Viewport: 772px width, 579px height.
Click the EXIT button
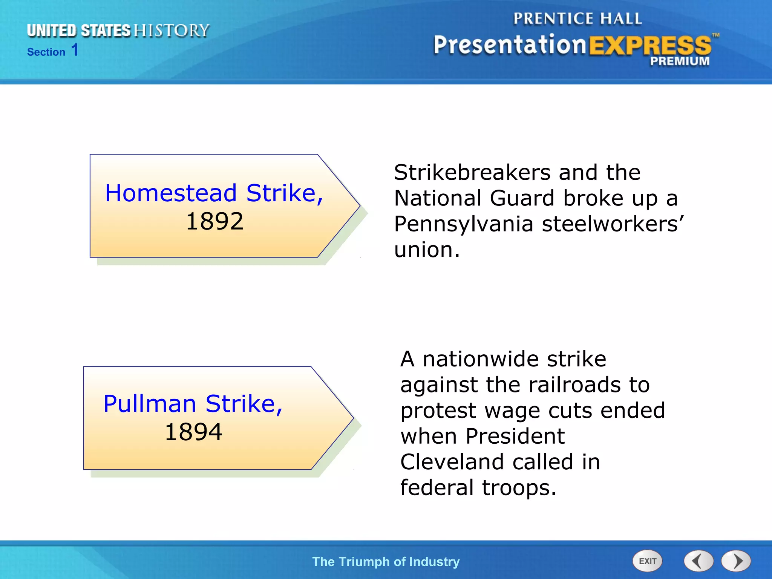point(647,561)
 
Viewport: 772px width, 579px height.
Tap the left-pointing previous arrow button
point(698,561)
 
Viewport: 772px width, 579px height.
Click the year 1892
point(214,221)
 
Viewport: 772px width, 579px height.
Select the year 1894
point(193,432)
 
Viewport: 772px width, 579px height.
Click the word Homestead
point(171,193)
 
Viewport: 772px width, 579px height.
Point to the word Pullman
point(150,404)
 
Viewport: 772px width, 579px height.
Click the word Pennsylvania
point(463,224)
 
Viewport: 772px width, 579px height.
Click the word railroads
point(574,385)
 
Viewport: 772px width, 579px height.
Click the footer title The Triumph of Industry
point(386,562)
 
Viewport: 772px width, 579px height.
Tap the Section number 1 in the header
point(75,50)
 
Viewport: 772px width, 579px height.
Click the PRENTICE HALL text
point(577,18)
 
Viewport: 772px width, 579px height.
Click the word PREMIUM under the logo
point(680,61)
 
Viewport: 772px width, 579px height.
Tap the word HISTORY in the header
point(172,31)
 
